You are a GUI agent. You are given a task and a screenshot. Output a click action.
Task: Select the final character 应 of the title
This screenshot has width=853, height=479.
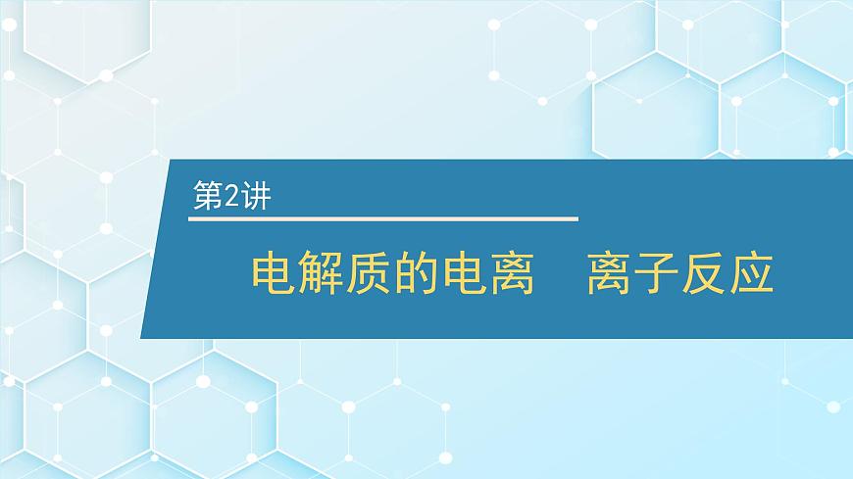[752, 274]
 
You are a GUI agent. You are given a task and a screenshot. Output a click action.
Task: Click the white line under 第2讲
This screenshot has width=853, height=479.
[383, 217]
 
